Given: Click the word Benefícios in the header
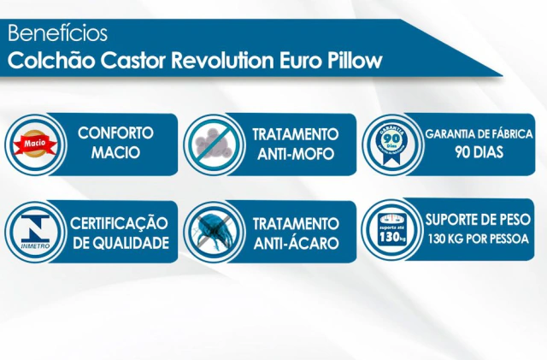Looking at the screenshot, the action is coord(57,33).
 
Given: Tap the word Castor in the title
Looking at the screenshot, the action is coord(133,61).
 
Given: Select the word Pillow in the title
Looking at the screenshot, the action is coord(355,61).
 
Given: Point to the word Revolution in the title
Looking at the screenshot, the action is coord(222,61).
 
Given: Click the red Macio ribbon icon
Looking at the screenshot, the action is coord(35,144).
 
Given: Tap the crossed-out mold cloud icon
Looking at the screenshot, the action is coord(214,144).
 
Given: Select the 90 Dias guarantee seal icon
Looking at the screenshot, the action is coord(392,144).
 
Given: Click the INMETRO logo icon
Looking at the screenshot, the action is coord(35,232).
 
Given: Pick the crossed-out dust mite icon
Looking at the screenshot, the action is coord(214,232).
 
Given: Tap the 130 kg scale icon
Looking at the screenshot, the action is coord(393,229).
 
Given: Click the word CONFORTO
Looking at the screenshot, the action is coord(115,133).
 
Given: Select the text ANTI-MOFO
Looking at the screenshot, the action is coord(296,154).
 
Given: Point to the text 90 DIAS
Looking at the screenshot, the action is coord(479,152).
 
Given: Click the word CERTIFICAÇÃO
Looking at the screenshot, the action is coord(119,223).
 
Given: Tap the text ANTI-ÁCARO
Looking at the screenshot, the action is coord(296,243).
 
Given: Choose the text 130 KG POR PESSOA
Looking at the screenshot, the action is coord(479,239).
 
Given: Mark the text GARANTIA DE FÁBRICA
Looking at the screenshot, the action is coord(479,134).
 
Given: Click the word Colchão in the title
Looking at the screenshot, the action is coord(51,61).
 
